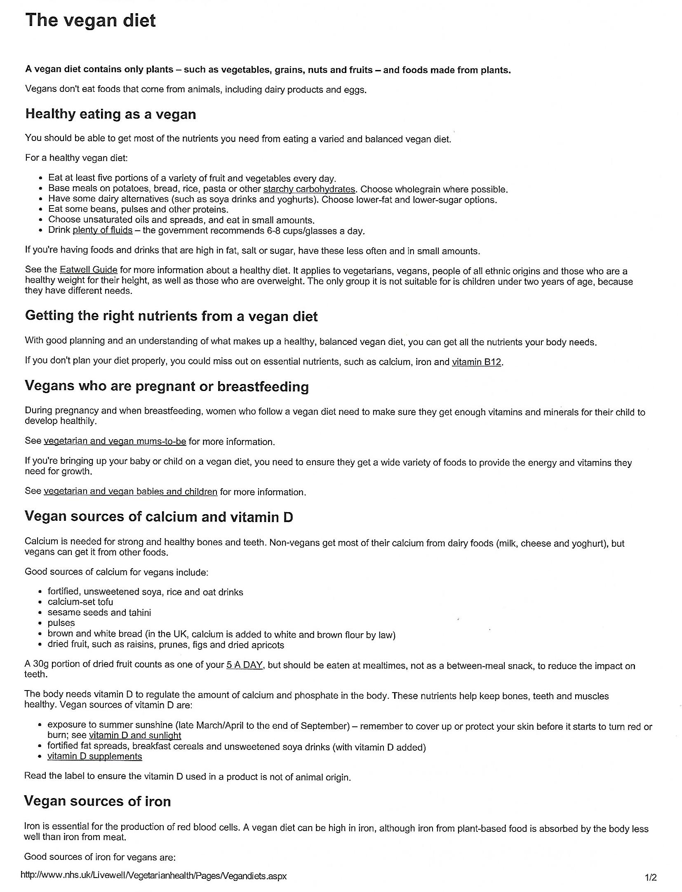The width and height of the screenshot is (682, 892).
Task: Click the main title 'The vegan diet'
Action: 90,21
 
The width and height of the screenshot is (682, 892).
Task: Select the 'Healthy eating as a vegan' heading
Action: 111,114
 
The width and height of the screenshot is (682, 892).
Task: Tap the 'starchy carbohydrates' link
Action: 309,189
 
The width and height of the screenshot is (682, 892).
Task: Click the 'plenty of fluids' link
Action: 102,230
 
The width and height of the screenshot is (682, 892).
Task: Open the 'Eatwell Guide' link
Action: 88,270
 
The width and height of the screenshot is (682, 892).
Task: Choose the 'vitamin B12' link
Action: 476,362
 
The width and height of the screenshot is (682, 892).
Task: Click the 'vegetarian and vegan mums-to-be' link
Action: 115,441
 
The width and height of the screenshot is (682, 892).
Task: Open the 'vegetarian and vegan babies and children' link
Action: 130,492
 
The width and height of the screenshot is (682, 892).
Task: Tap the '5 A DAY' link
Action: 245,665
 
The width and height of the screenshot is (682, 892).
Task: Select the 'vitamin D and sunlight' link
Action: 135,735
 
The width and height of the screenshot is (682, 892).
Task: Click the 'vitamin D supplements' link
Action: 94,756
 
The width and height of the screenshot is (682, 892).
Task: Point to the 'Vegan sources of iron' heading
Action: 97,801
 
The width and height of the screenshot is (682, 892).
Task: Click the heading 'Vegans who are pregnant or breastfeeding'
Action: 167,386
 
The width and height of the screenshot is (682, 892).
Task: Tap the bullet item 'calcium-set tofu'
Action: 80,602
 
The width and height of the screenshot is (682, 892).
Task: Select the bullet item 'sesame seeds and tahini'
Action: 99,613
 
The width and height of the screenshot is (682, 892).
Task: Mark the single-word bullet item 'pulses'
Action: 61,623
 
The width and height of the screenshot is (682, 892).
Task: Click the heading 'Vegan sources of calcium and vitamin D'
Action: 159,517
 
